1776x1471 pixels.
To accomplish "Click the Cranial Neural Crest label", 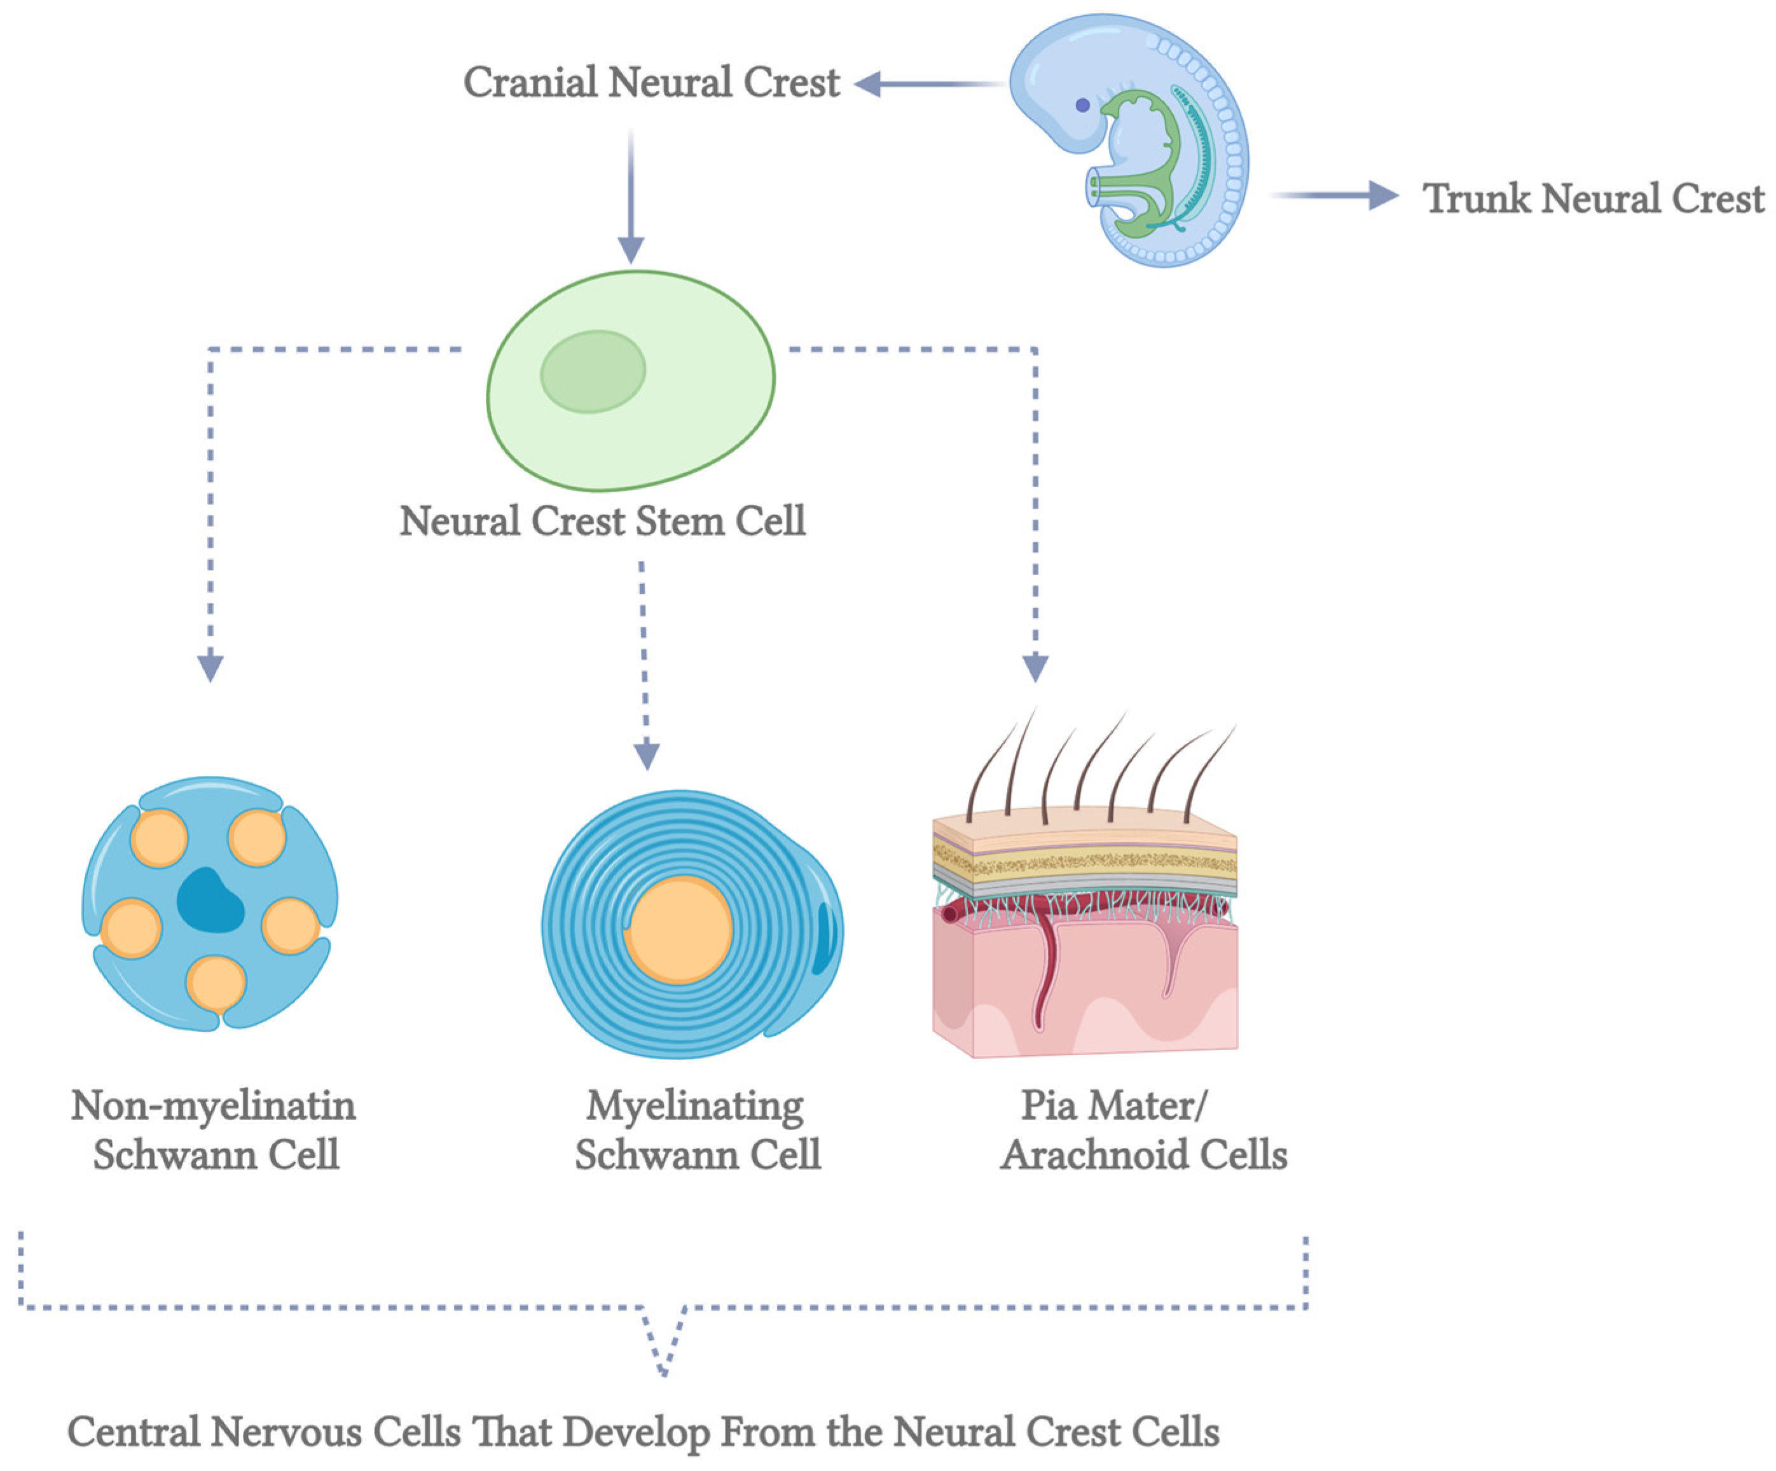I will click(x=651, y=83).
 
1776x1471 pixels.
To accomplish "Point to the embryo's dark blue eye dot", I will click(x=1082, y=106).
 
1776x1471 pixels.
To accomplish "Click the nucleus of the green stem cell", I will click(x=593, y=371).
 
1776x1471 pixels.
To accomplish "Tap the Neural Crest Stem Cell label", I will click(x=602, y=521).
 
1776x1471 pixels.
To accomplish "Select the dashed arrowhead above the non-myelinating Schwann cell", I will click(x=210, y=668).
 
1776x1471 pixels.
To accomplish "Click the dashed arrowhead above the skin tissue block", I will click(x=1036, y=668).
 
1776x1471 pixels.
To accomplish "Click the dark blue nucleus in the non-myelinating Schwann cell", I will click(x=210, y=902).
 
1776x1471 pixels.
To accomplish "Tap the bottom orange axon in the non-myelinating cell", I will click(x=216, y=984).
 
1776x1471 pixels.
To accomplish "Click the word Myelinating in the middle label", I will click(x=695, y=1105).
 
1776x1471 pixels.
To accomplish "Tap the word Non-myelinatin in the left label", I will click(x=213, y=1105).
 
